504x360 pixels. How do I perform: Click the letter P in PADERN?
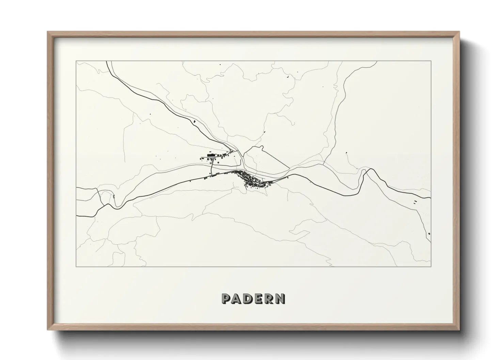227,299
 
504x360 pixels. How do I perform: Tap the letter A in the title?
238,299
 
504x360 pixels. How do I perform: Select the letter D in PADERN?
249,299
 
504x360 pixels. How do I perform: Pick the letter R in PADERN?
269,299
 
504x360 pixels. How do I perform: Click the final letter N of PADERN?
280,299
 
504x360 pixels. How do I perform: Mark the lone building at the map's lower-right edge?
429,233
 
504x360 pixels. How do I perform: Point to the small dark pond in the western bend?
113,196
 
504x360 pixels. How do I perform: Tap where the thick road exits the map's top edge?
107,62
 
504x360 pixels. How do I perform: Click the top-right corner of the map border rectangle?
431,61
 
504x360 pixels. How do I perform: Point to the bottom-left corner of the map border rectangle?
76,266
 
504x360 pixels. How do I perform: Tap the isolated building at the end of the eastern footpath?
346,152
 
